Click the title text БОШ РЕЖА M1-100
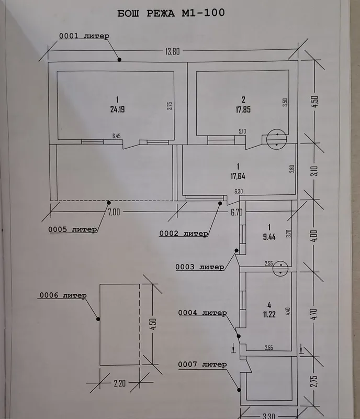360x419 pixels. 171,13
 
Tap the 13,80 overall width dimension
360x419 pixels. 173,51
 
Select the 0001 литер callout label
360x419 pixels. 84,36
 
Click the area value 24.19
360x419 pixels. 118,109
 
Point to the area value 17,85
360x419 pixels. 243,109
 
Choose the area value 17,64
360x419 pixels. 238,176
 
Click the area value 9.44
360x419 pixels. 269,237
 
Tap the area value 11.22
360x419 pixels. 269,314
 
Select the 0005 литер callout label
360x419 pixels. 73,229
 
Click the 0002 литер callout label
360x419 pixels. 184,234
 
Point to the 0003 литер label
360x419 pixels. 199,267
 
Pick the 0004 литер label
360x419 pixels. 203,313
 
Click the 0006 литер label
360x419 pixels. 63,295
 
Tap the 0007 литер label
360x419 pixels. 203,364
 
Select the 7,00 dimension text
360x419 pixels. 114,212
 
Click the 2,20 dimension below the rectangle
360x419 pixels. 120,383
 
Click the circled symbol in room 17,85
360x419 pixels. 277,139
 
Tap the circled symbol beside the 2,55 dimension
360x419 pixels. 280,269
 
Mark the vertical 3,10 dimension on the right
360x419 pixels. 314,171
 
